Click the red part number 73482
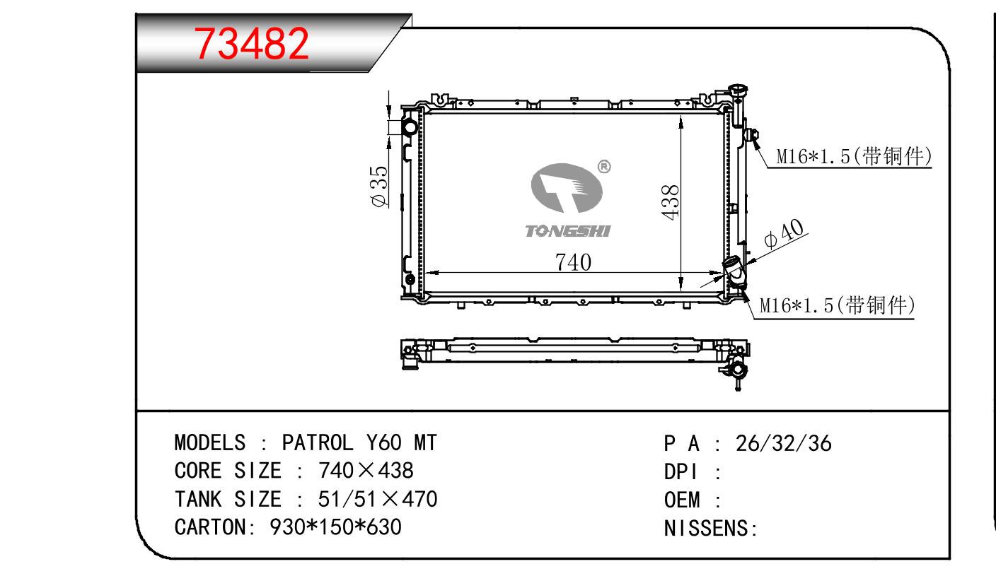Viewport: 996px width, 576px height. tap(251, 44)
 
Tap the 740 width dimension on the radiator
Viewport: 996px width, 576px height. tap(573, 262)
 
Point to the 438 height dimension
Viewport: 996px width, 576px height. tap(670, 202)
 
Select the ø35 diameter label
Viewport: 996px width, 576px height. tap(379, 186)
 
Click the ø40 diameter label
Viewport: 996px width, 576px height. tap(784, 234)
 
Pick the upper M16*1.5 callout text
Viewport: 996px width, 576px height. tap(854, 156)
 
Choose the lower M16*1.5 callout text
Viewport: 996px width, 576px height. tap(838, 305)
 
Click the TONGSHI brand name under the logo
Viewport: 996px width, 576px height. tap(568, 231)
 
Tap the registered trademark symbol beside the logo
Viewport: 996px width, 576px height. tap(604, 167)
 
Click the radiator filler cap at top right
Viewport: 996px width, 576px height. tap(738, 94)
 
